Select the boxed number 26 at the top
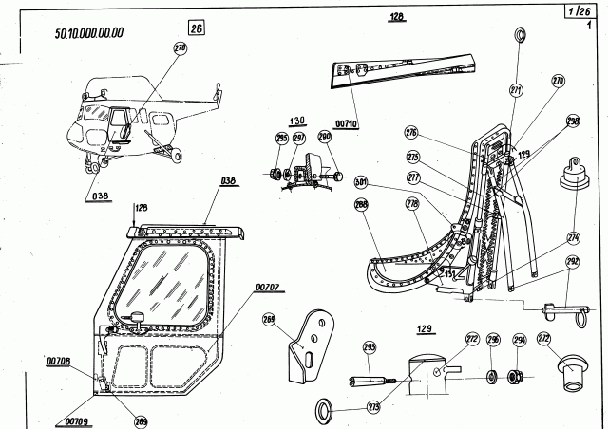(196, 28)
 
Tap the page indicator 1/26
(574, 12)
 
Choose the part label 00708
(58, 361)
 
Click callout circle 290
(325, 138)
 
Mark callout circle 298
(572, 121)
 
